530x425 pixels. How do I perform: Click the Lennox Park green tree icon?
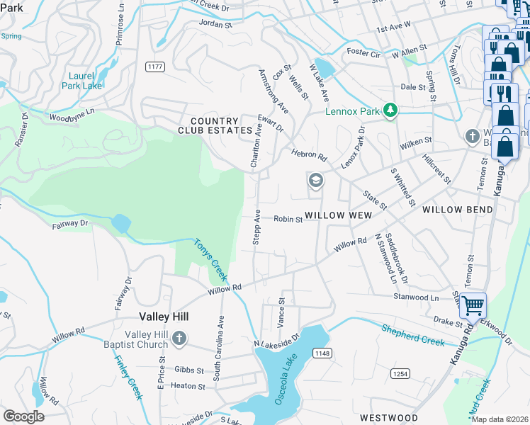coord(389,110)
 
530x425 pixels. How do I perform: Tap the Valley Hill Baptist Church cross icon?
coord(179,339)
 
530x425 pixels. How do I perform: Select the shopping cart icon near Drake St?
coord(473,305)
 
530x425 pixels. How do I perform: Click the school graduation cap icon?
coord(315,181)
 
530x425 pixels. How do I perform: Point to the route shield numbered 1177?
coord(155,66)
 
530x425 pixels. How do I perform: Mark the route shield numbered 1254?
coord(398,372)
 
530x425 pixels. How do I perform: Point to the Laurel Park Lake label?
coord(85,81)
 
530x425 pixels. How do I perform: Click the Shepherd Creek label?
coord(412,335)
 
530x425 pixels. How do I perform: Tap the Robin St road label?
coord(288,220)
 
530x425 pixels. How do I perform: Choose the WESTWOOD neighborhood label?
coord(388,418)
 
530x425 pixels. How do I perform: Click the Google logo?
coord(23,416)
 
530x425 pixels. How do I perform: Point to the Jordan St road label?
coord(215,24)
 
